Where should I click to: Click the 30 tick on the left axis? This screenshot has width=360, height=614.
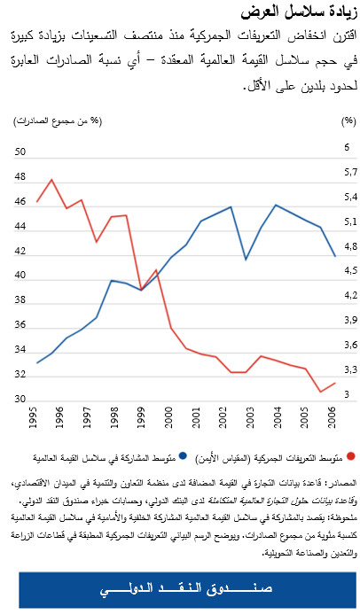tap(20, 400)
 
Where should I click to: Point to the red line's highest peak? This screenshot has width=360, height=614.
tap(51, 180)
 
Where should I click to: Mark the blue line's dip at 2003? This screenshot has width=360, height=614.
tap(246, 260)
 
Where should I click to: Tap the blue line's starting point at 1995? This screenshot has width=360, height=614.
tap(36, 363)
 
